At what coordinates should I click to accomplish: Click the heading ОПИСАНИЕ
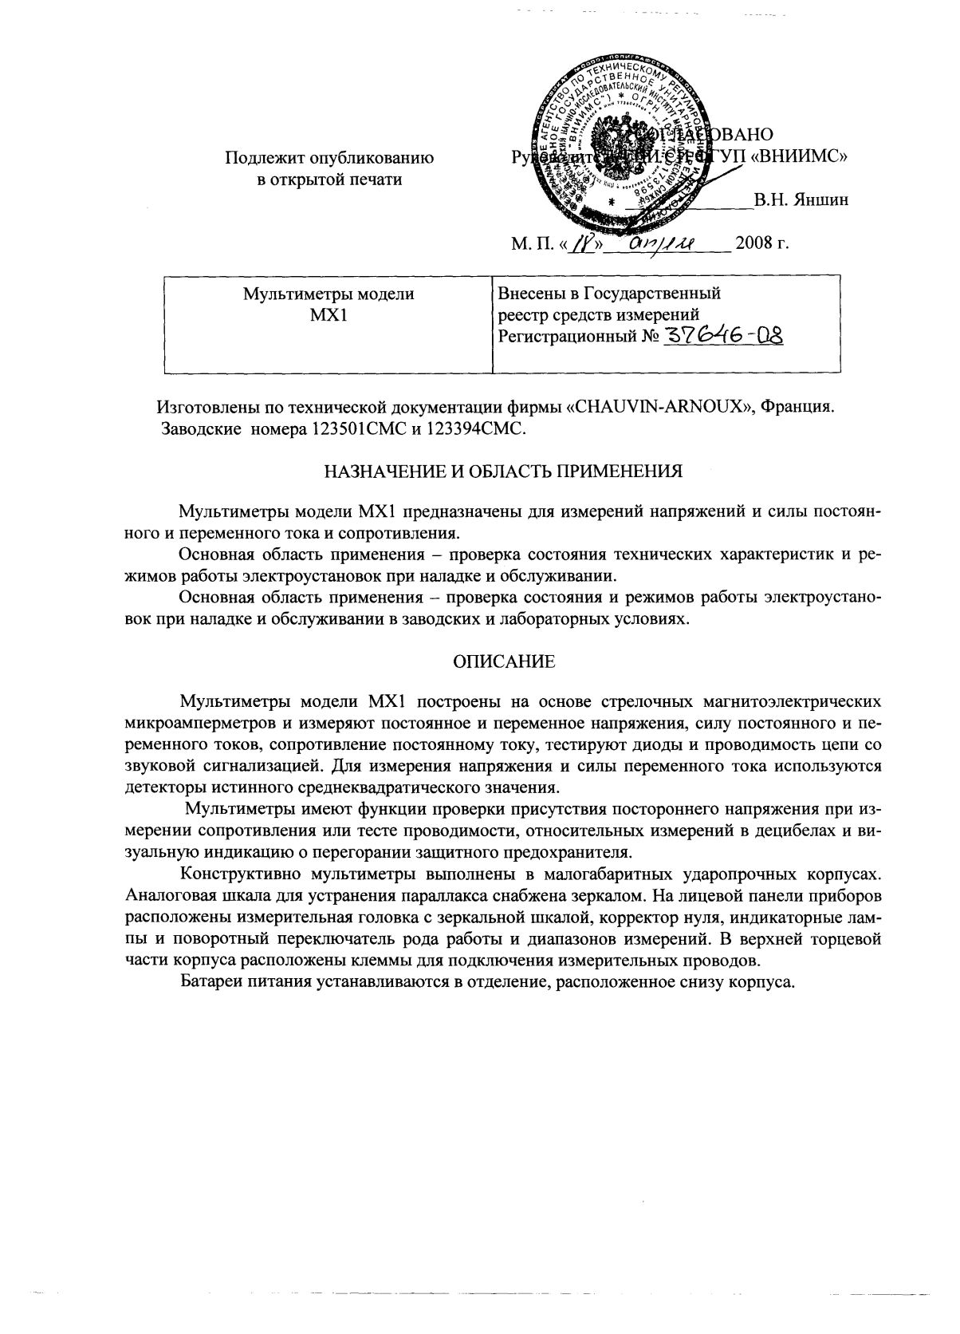[503, 661]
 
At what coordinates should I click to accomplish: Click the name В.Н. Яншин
[801, 200]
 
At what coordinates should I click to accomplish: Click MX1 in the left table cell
[329, 314]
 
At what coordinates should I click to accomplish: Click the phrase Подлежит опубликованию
[329, 158]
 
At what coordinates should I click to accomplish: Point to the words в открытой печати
[329, 180]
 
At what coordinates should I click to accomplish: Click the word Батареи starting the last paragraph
[209, 981]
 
